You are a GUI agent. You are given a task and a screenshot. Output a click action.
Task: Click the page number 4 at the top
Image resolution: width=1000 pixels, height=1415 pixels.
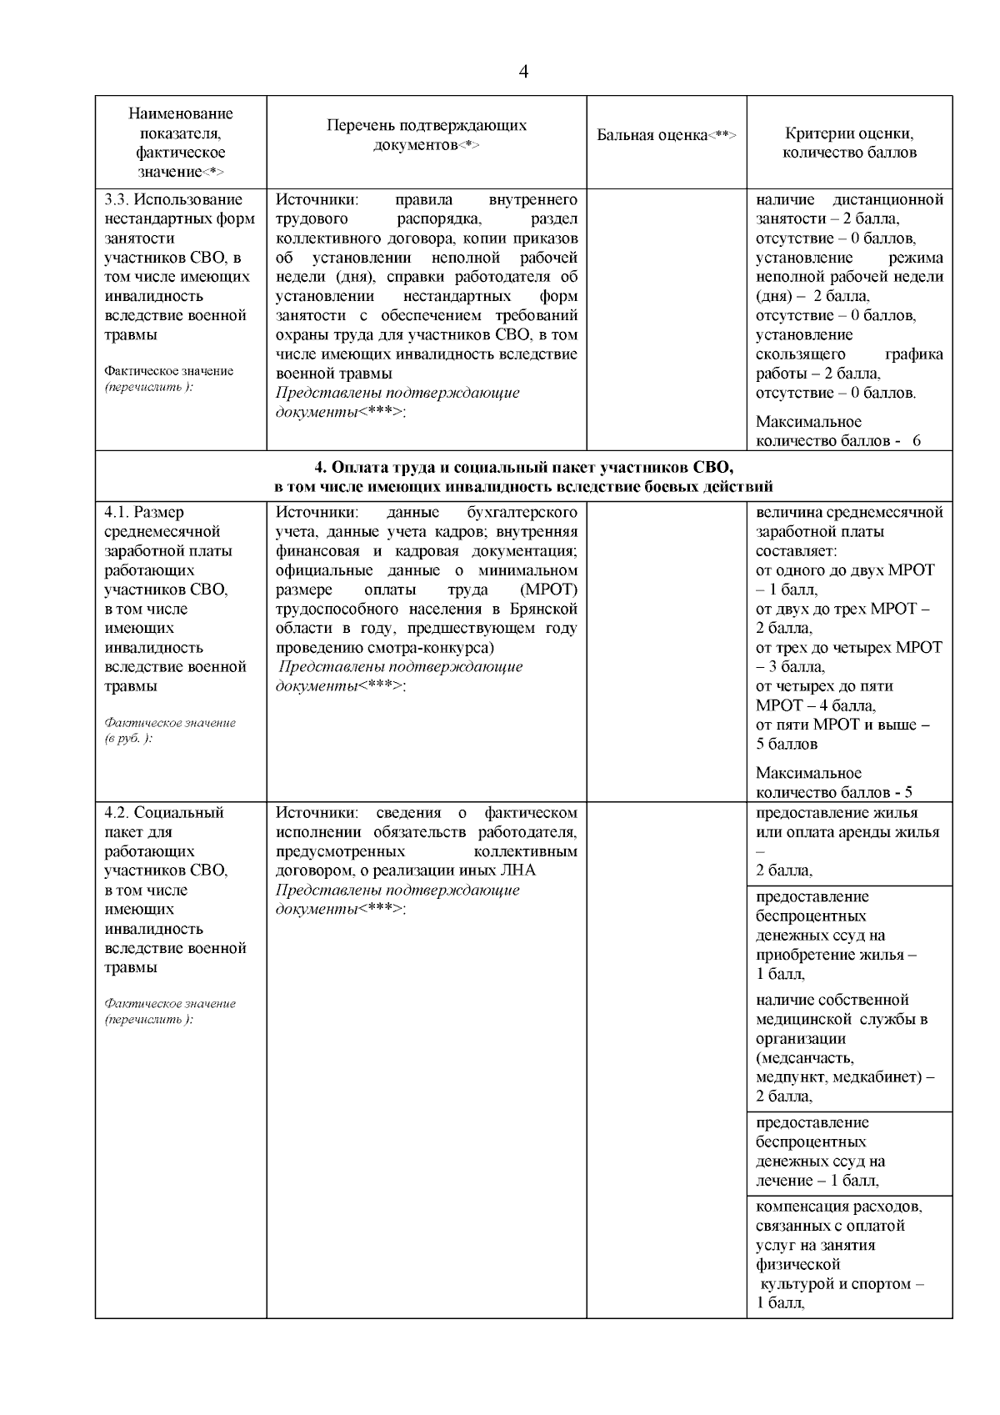(523, 72)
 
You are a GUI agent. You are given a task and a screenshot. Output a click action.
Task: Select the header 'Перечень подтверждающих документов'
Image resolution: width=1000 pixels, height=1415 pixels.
(427, 135)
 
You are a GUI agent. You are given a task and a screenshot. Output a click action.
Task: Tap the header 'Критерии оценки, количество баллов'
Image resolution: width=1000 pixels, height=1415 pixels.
(849, 143)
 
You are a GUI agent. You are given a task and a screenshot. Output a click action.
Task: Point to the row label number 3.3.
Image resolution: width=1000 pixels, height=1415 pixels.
(117, 200)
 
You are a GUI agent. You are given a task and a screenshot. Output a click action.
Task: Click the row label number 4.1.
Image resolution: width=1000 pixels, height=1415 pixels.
(117, 512)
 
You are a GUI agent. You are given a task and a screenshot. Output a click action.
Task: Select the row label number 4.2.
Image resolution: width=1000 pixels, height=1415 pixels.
(117, 813)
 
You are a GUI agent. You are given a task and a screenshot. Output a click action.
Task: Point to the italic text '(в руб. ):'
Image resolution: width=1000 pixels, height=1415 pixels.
(128, 740)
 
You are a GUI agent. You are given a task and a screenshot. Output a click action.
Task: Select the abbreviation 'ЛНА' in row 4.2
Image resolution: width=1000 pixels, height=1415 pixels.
(520, 871)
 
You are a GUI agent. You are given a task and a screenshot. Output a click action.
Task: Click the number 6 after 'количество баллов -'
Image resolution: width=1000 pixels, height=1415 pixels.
(917, 441)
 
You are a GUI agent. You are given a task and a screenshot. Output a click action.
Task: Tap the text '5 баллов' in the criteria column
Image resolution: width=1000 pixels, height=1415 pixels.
(787, 744)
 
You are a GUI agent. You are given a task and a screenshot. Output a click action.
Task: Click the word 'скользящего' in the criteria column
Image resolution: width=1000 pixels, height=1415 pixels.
(797, 354)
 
